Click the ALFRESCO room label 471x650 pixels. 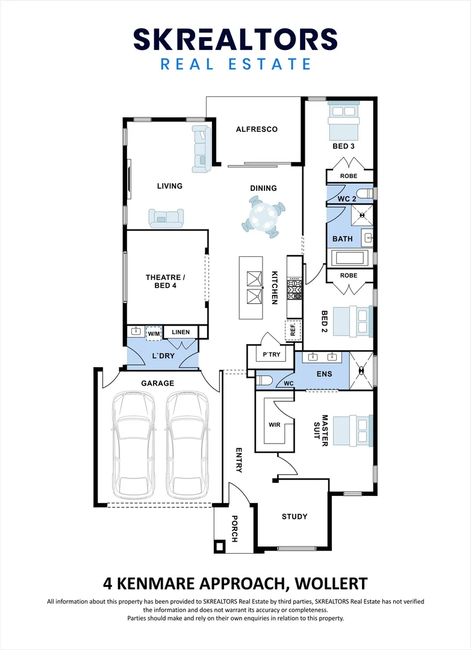257,129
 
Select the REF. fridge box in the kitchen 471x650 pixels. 293,330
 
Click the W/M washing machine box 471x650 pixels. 154,333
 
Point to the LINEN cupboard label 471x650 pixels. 181,332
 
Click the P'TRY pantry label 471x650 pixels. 272,354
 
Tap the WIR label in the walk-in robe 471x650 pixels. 274,425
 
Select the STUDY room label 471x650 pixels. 295,516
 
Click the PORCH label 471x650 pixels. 234,528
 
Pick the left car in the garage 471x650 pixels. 133,445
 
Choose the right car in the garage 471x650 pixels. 187,445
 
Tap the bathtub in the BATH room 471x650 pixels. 350,258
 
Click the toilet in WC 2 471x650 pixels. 366,194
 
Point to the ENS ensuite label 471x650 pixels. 324,374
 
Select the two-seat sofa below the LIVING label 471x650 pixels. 166,218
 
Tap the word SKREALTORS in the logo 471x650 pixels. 235,39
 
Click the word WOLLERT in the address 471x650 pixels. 331,584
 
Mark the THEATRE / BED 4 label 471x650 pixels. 165,282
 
